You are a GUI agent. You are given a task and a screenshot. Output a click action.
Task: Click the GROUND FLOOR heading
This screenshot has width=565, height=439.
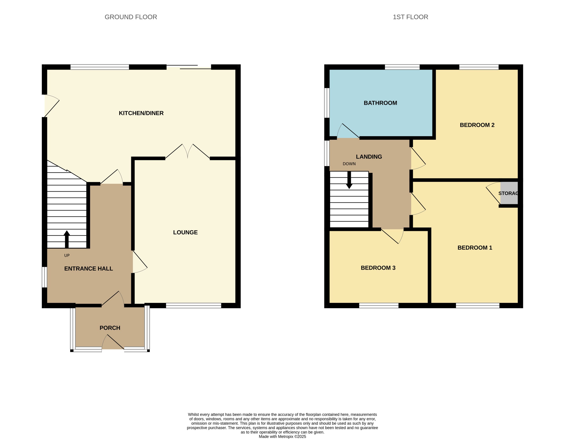coord(131,17)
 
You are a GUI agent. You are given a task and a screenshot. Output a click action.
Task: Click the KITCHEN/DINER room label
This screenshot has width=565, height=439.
coord(141,113)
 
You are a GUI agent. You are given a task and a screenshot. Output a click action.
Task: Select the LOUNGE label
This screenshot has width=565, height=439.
coord(185,232)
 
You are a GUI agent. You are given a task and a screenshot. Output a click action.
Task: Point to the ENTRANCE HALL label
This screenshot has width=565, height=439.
coord(88,269)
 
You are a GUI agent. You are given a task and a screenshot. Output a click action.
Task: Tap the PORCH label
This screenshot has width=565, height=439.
coord(110,328)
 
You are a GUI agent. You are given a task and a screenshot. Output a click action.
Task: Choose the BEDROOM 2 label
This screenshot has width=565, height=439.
coord(477,125)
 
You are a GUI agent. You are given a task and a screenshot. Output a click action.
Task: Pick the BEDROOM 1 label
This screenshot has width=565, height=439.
coord(475,248)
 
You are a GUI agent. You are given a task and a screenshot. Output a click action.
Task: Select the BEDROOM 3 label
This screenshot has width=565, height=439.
coord(378,268)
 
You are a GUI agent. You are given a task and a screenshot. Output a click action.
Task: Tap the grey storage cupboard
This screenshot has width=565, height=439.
coord(509,193)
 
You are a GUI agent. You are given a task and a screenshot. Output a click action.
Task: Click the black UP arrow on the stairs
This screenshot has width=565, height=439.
coord(67,239)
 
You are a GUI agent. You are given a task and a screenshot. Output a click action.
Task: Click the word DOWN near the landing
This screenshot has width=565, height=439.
coord(349,164)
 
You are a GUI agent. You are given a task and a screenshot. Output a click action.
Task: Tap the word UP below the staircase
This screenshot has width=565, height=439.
coord(67,255)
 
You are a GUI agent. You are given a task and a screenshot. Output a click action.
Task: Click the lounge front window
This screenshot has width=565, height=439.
coord(193,306)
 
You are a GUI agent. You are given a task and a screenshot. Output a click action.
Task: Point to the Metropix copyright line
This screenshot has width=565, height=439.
coord(282,436)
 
